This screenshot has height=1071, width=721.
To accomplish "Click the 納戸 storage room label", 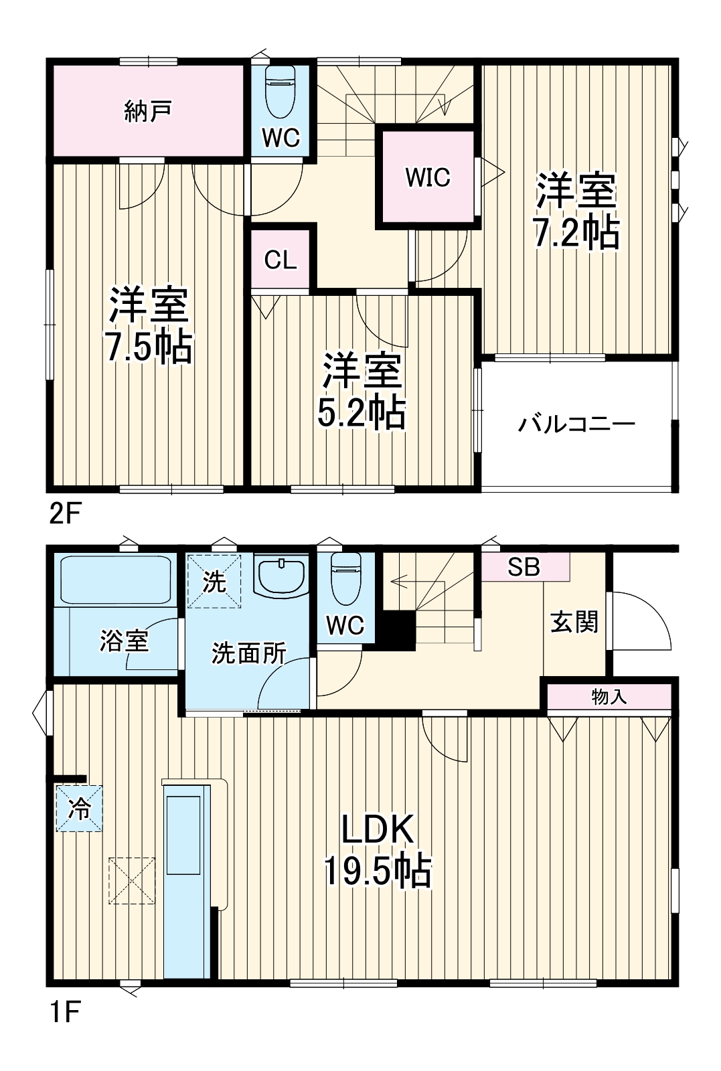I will [148, 111].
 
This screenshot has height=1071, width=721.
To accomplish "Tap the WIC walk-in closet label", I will [427, 177].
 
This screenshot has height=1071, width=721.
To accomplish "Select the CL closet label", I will [281, 260].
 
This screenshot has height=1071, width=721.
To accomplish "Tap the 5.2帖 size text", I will [362, 413].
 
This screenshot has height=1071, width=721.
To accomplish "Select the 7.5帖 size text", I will [148, 347].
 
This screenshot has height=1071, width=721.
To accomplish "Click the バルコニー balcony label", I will [577, 424].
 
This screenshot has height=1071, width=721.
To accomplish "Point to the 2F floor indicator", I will [65, 514].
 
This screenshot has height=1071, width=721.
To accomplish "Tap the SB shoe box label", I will [523, 568].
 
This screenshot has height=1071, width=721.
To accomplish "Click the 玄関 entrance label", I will [574, 622].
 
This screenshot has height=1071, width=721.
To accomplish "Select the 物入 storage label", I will [609, 697].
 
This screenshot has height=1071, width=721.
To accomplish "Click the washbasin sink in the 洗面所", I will [280, 576].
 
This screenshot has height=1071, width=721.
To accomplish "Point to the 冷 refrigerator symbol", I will [80, 809].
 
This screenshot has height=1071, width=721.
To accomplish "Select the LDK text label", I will [378, 831].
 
